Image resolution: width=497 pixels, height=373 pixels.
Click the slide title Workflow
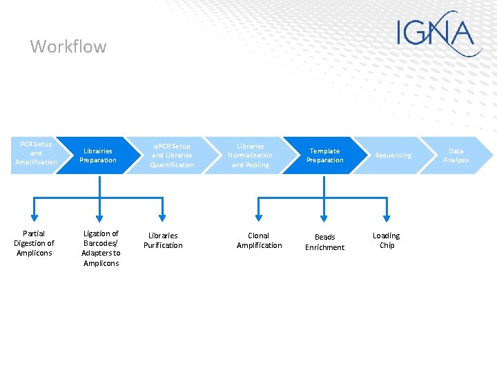(68, 47)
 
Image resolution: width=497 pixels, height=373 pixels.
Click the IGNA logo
(439, 33)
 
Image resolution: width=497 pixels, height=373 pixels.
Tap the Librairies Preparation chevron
(98, 155)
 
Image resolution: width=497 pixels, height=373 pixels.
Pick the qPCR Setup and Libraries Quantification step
(172, 155)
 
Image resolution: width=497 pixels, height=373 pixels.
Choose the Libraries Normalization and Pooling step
(250, 155)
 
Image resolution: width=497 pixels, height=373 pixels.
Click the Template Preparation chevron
(324, 155)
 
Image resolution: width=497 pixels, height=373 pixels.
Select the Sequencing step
(393, 155)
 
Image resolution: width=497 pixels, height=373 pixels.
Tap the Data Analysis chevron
(456, 155)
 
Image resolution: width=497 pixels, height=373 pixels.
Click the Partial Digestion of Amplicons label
(34, 243)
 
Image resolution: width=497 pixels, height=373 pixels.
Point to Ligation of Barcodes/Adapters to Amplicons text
(101, 248)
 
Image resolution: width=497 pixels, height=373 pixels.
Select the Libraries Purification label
(163, 240)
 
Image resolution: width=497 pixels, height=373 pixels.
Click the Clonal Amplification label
(259, 240)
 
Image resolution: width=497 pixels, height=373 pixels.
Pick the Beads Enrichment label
(324, 242)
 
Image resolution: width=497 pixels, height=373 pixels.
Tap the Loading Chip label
(387, 240)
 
